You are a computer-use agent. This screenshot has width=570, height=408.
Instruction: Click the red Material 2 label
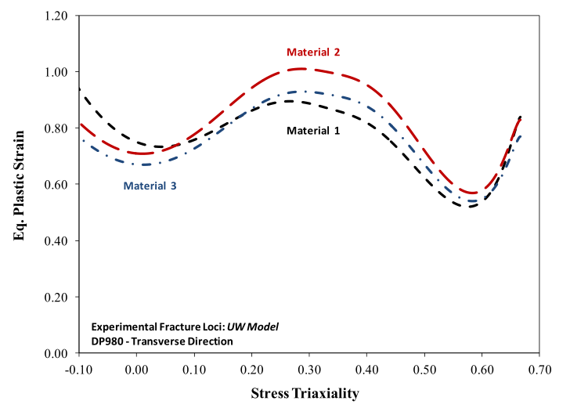coord(313,52)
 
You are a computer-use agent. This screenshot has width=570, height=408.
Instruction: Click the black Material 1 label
coord(313,131)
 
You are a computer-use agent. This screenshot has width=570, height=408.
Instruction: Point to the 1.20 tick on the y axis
coord(56,16)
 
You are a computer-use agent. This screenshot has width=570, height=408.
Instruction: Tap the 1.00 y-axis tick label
coord(56,72)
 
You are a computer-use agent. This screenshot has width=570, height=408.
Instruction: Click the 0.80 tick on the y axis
coord(56,128)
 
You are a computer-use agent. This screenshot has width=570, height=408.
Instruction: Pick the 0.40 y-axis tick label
coord(56,241)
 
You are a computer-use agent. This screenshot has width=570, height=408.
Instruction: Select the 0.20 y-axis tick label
coord(56,298)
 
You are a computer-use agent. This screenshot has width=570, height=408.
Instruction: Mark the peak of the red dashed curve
coord(301,69)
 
